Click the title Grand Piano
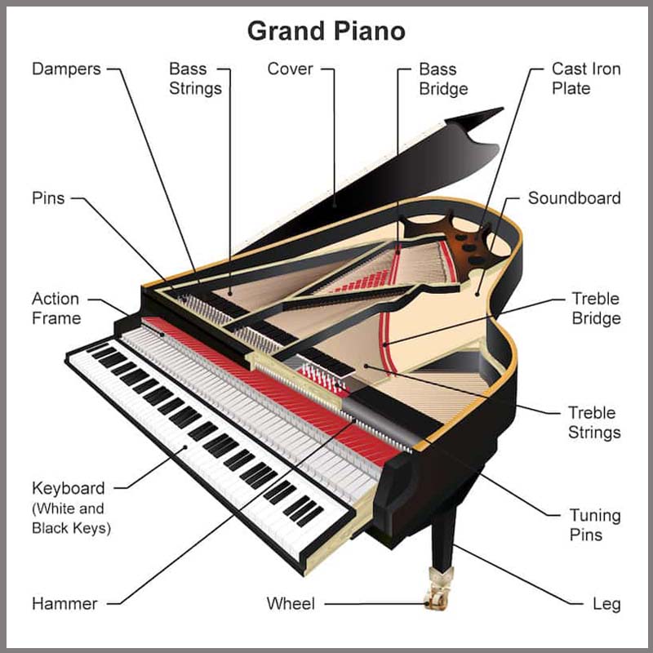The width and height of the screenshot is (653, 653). click(326, 31)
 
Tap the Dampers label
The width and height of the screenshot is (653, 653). click(66, 69)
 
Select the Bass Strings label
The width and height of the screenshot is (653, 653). click(195, 78)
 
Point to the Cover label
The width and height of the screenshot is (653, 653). click(290, 69)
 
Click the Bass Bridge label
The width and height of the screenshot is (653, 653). click(443, 78)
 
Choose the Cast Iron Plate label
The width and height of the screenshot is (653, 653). click(586, 78)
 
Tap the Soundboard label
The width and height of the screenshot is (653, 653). click(575, 198)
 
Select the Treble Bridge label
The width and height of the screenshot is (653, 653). click(596, 309)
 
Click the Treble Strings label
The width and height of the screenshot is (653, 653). click(594, 423)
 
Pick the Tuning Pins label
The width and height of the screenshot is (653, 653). click(595, 525)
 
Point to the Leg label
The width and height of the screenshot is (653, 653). click(606, 604)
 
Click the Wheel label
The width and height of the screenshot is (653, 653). click(291, 603)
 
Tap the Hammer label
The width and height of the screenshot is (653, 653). click(64, 603)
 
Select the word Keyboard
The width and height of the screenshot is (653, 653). click(69, 488)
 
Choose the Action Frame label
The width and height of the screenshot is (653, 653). click(56, 309)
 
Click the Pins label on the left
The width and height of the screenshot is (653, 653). click(48, 198)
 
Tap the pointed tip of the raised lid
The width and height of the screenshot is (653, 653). click(503, 109)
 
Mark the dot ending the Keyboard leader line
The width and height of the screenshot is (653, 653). click(185, 447)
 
